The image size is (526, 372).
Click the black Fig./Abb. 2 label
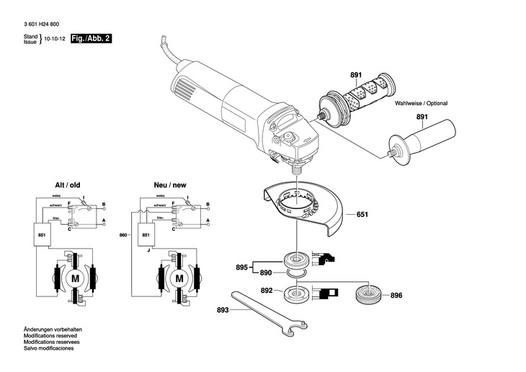91,39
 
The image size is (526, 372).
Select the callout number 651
362,214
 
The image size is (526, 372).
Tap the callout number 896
396,296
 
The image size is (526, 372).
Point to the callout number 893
223,310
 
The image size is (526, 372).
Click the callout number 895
242,267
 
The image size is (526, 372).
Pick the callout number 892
267,291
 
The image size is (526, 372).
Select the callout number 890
266,273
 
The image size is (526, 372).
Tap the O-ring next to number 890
297,273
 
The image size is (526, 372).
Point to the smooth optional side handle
422,139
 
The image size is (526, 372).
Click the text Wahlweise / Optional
421,103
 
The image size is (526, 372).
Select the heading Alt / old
68,185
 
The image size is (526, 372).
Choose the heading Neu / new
170,185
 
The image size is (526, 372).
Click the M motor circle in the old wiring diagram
76,278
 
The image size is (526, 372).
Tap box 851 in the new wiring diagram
146,235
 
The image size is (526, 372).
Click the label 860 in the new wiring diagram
123,235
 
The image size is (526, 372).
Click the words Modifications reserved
50,336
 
